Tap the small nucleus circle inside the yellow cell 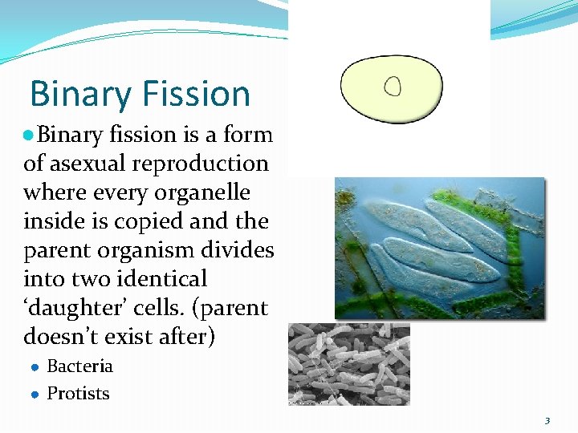pyautogui.click(x=392, y=85)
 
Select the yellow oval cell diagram pyautogui.click(x=391, y=89)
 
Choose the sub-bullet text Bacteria pyautogui.click(x=80, y=366)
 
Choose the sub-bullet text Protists pyautogui.click(x=79, y=394)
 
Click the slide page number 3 pyautogui.click(x=547, y=420)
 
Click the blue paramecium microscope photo pyautogui.click(x=439, y=248)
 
